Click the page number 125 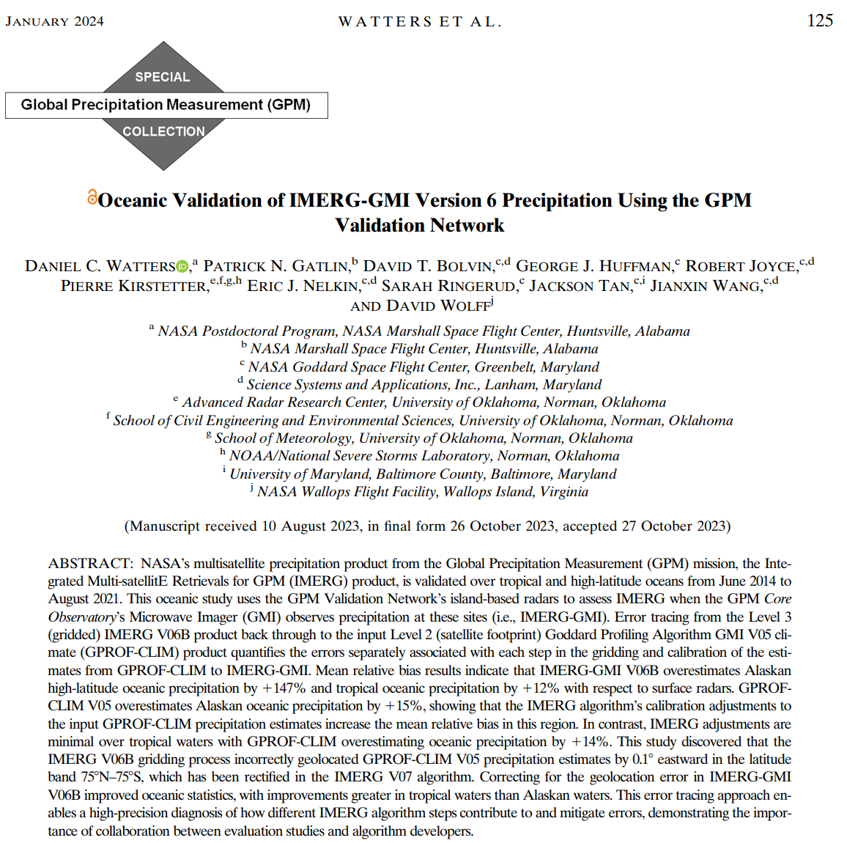(819, 21)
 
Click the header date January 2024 (55, 21)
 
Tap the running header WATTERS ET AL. (420, 22)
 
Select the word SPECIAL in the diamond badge (162, 77)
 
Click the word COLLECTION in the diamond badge (163, 131)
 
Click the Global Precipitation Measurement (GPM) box (166, 105)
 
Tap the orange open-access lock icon (92, 197)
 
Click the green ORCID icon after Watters (183, 267)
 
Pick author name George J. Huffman (593, 266)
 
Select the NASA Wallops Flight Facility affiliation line (422, 492)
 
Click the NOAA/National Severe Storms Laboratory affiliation (423, 456)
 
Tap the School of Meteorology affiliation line (423, 438)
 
